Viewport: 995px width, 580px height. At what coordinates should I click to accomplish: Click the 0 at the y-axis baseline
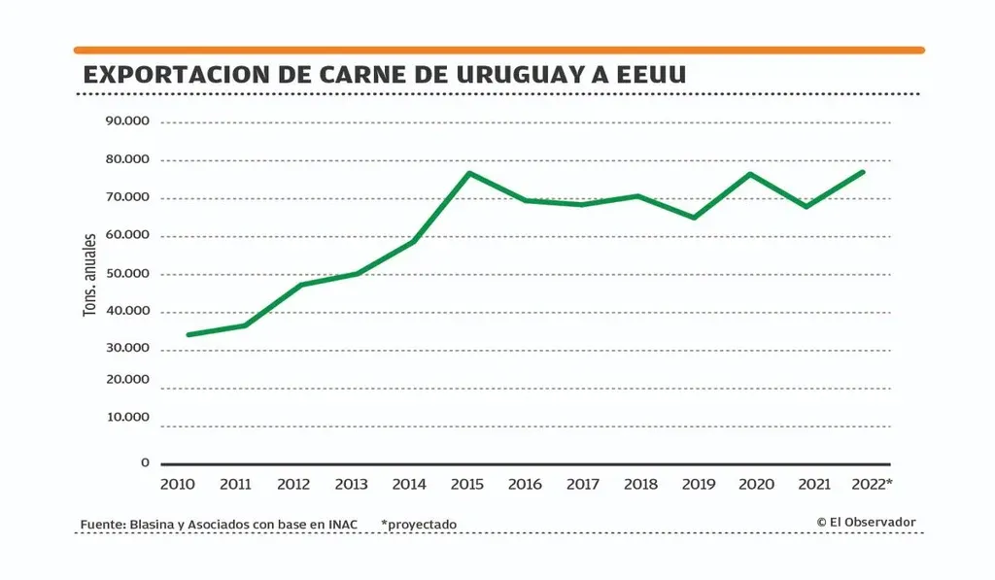tap(145, 462)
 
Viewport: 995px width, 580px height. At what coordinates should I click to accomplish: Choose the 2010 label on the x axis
tap(179, 484)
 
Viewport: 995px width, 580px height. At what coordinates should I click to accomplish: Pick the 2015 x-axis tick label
tap(467, 484)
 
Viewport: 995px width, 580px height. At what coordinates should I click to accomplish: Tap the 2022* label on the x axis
tap(871, 484)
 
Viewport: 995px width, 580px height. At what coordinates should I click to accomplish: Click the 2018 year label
tap(640, 484)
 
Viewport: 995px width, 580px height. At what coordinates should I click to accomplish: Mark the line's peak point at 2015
tap(468, 173)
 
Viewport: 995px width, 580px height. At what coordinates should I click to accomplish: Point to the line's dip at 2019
tap(694, 218)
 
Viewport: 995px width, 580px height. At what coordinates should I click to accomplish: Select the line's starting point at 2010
tap(188, 335)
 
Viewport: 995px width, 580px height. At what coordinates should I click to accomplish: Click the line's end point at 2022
tap(863, 172)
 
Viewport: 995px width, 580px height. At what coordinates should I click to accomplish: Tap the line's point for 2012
tap(301, 285)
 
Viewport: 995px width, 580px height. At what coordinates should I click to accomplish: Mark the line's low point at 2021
tap(806, 207)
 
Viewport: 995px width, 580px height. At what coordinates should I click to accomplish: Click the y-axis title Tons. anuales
tap(89, 275)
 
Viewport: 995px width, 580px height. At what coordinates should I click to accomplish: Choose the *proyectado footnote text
tap(419, 525)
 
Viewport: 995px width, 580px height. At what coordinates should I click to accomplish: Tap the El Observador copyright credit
tap(866, 523)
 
